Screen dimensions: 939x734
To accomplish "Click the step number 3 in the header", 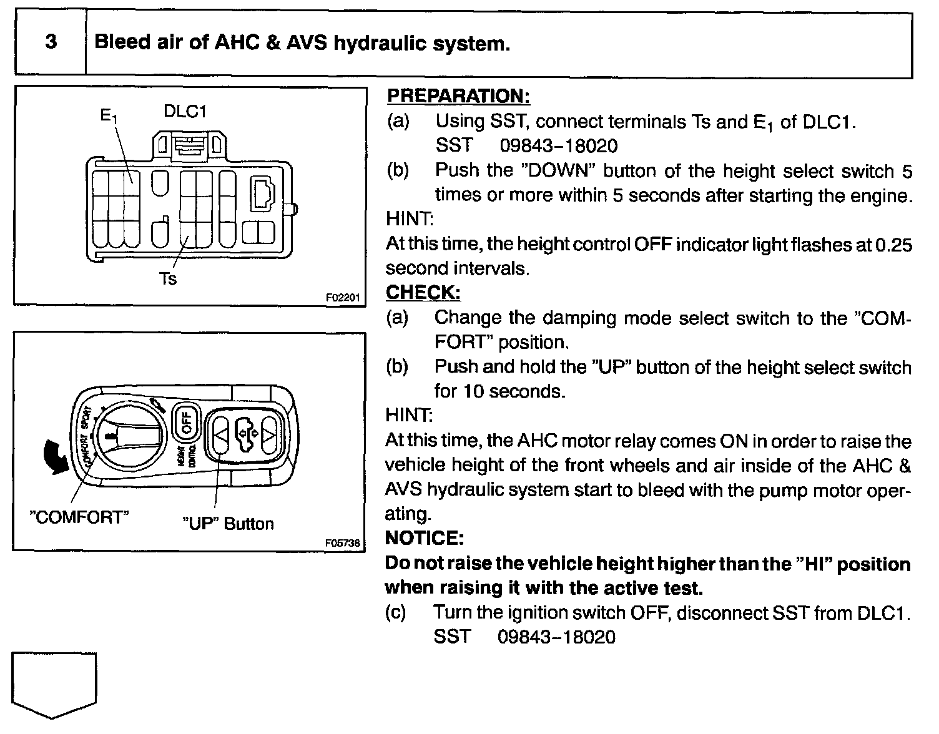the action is pyautogui.click(x=51, y=42).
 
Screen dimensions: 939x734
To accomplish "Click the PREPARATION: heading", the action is pyautogui.click(x=458, y=97).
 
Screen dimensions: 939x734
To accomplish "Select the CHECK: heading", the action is pyautogui.click(x=423, y=293).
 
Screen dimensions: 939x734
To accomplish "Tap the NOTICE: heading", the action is pyautogui.click(x=425, y=538).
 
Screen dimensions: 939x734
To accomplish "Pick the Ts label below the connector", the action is pyautogui.click(x=167, y=279).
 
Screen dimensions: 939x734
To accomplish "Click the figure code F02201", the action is pyautogui.click(x=343, y=298).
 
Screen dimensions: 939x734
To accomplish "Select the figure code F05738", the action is pyautogui.click(x=342, y=543).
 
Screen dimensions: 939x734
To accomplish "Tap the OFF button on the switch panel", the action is pyautogui.click(x=185, y=422).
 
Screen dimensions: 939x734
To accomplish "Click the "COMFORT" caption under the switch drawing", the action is pyautogui.click(x=79, y=517).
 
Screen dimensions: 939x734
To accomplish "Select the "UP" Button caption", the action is pyautogui.click(x=227, y=523).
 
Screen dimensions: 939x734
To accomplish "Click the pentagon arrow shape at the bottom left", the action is pyautogui.click(x=54, y=684).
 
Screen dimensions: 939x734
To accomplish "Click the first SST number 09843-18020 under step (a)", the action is pyautogui.click(x=558, y=146).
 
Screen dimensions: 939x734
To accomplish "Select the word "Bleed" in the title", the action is pyautogui.click(x=122, y=43).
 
